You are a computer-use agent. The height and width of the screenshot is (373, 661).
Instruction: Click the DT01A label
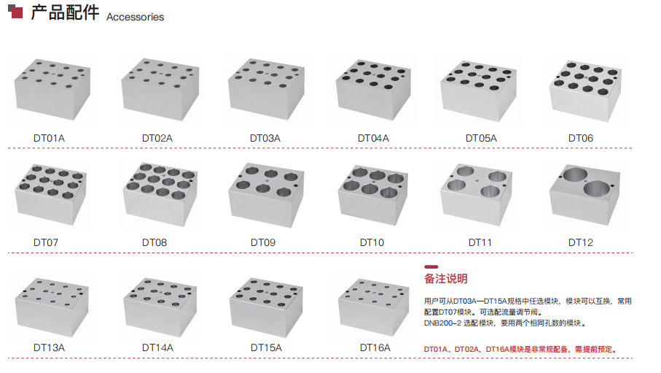(49, 138)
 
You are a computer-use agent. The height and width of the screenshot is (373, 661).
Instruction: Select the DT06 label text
(581, 138)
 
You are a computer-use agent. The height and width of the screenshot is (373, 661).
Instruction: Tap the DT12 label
(581, 242)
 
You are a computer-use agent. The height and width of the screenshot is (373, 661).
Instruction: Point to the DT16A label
(375, 347)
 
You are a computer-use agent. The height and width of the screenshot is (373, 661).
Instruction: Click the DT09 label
(263, 242)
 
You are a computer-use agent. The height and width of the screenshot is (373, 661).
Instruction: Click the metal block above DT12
(584, 195)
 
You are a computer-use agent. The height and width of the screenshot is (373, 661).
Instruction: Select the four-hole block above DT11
(477, 194)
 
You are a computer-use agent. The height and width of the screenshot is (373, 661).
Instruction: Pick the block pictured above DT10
(372, 195)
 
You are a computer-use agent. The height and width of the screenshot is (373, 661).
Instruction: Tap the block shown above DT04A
(373, 90)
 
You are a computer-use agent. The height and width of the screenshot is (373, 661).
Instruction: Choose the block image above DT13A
(52, 307)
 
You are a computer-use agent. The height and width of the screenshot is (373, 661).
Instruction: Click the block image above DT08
(160, 194)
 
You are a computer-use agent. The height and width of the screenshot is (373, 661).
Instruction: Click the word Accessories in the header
(135, 17)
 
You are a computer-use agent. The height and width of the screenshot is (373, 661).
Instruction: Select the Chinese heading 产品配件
(65, 12)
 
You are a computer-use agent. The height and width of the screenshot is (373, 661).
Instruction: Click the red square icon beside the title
(17, 12)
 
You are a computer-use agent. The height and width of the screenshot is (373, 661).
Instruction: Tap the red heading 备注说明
(445, 279)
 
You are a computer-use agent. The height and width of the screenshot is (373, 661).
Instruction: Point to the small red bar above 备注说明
(431, 267)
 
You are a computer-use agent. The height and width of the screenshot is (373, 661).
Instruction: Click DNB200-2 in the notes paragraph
(442, 323)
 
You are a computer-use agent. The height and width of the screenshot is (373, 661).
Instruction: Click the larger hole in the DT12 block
(596, 188)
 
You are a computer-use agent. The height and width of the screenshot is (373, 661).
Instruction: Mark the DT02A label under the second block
(157, 138)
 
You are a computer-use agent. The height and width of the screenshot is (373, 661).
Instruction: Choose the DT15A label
(266, 347)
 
